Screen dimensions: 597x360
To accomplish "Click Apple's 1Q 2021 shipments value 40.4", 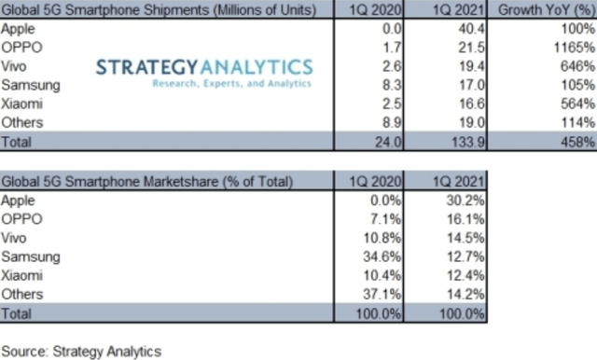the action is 471,29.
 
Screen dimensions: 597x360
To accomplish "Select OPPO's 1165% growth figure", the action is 575,48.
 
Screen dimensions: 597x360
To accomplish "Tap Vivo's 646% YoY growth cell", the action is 577,66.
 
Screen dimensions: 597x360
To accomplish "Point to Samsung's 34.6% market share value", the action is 382,256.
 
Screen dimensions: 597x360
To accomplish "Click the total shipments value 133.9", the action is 468,142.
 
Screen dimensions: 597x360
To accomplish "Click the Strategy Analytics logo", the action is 204,73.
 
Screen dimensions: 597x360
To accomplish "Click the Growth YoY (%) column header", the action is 547,10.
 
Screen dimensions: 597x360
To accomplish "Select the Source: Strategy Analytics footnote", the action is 81,352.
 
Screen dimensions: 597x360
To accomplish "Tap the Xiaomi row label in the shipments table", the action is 21,104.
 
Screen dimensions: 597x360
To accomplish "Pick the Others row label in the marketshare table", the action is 22,295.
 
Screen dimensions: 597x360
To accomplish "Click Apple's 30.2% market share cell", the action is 465,201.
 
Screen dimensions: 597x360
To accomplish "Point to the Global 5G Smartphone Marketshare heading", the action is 147,182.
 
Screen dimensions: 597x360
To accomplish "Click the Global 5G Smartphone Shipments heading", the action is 159,10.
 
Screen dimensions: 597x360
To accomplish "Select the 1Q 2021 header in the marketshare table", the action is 459,182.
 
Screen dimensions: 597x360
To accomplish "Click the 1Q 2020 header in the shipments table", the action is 375,10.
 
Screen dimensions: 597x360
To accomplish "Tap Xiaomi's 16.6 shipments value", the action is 471,104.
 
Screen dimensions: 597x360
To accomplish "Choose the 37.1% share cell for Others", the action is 382,295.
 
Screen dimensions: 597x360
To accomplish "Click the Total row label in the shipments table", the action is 16,142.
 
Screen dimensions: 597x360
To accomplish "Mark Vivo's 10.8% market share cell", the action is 382,238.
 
